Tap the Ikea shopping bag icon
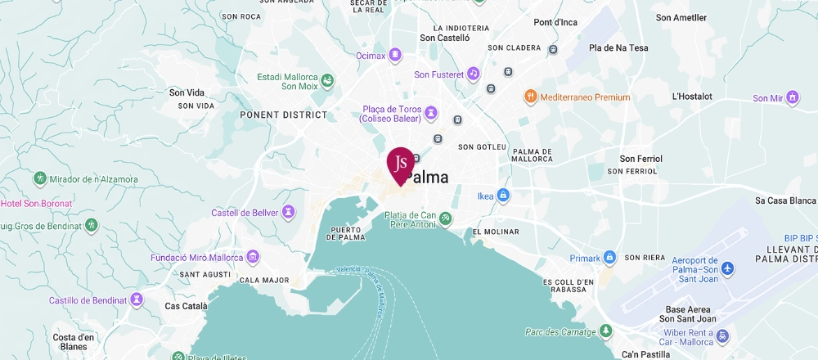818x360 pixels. tap(504, 196)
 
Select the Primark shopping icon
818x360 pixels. tap(609, 257)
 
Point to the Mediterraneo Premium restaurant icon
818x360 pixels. tap(530, 97)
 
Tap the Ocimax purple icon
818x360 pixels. tap(395, 55)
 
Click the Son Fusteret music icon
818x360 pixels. tap(472, 74)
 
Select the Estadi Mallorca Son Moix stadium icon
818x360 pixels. tap(327, 80)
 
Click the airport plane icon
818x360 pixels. tap(728, 269)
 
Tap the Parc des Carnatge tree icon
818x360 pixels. tap(605, 331)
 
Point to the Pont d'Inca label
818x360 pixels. tap(555, 22)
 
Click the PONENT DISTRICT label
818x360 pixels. tap(283, 115)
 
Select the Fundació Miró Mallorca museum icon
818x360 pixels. tap(254, 258)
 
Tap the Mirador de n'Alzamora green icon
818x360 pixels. tap(39, 178)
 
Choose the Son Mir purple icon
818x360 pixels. tap(792, 98)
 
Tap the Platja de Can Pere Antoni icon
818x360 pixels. tap(445, 218)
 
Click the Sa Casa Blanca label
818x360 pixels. tap(785, 200)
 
